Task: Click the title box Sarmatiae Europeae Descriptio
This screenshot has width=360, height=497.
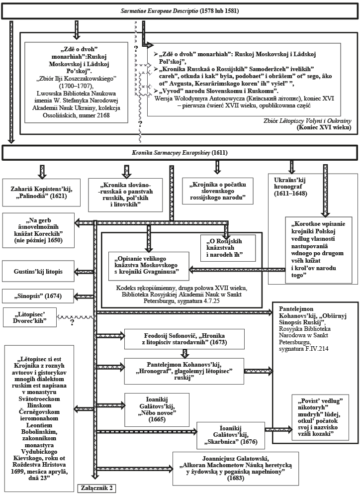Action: point(180,10)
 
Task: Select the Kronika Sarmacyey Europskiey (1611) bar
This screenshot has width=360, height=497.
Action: point(180,153)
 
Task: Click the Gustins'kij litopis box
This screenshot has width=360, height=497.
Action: point(39,272)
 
